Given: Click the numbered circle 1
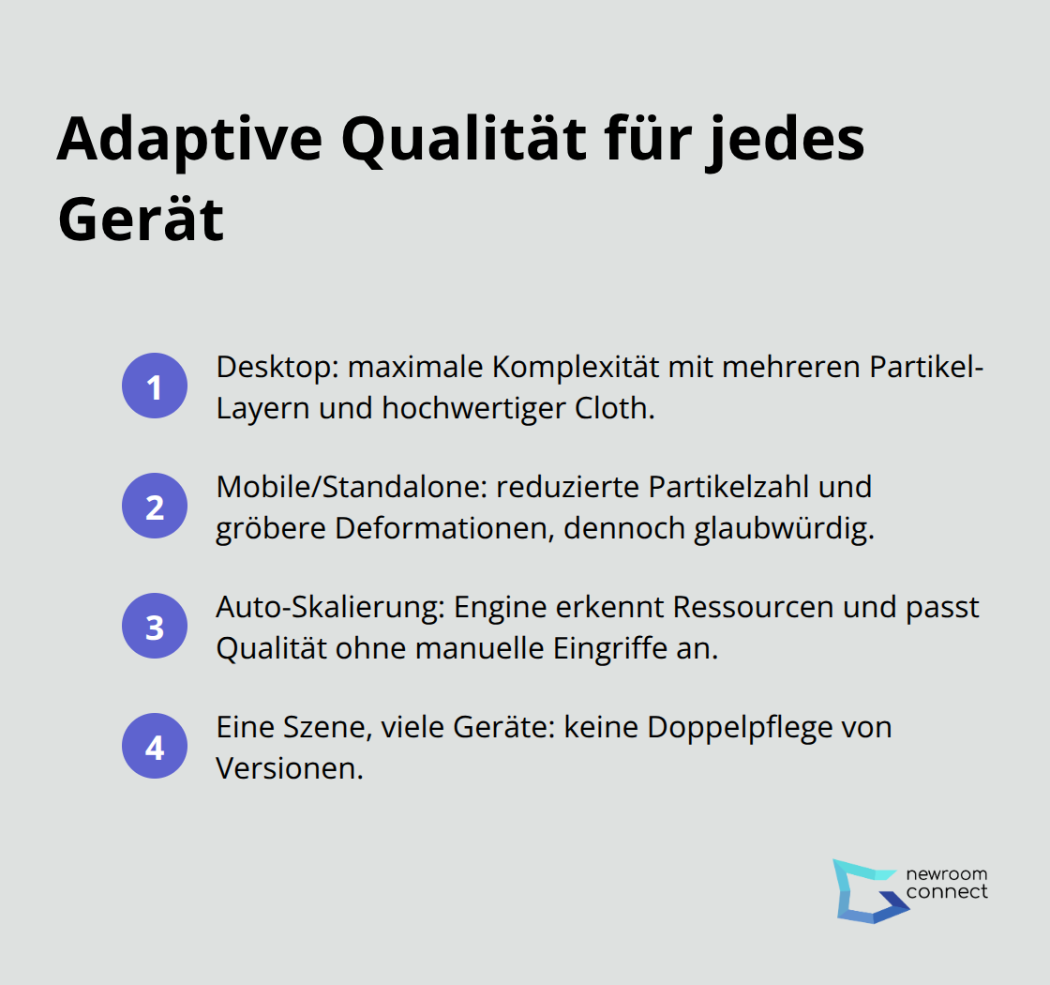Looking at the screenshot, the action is (155, 386).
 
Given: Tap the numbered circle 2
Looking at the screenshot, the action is (155, 506).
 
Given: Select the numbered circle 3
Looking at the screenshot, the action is (155, 626).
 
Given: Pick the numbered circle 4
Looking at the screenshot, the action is (155, 746).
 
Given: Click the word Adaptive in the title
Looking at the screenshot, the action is (190, 142).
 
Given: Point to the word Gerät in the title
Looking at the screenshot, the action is (141, 219).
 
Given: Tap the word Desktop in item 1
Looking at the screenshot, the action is (277, 368).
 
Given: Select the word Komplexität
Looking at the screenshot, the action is (576, 367).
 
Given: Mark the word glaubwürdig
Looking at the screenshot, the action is (784, 529).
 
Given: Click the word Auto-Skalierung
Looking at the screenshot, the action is (330, 608).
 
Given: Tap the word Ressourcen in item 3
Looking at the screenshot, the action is (754, 607).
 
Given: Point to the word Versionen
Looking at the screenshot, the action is (290, 768).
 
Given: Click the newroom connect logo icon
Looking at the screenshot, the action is (870, 891).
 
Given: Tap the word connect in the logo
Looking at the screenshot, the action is (947, 892).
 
